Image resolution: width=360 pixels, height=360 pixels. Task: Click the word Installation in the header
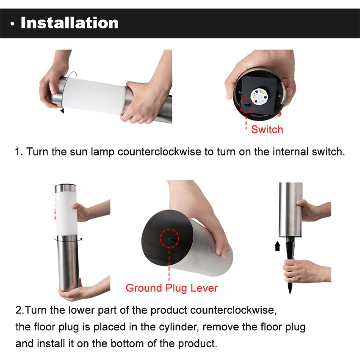69,23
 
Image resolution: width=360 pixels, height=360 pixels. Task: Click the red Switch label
267,130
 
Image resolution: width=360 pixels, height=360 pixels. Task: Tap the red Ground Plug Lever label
172,288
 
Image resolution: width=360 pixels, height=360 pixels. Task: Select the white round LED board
260,97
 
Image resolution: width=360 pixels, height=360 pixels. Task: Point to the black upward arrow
277,246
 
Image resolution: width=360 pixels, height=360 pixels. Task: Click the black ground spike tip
290,293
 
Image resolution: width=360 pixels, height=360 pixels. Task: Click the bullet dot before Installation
12,24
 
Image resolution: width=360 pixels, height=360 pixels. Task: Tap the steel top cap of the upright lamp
65,189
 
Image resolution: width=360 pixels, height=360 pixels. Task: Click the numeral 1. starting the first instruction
19,152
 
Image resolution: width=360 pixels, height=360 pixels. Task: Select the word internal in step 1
291,152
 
